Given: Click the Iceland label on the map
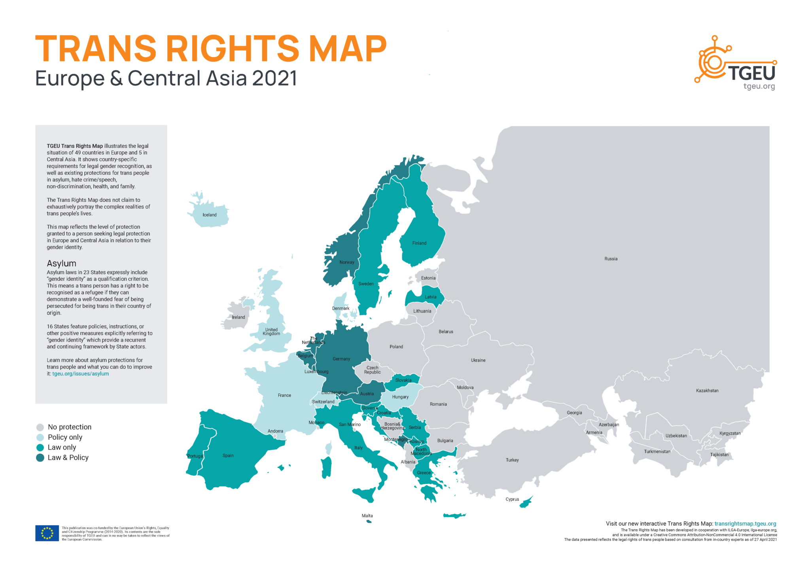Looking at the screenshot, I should point(209,215).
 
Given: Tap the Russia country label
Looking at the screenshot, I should point(610,259).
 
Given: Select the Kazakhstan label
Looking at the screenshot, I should point(707,390).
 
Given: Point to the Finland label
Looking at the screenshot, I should point(419,243).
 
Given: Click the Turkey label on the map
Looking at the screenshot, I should point(512,460).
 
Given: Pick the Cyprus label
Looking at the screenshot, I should point(512,499).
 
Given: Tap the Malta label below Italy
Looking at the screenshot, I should point(367,515).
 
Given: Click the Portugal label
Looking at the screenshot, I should point(195,456).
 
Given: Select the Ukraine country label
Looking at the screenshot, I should point(478,360).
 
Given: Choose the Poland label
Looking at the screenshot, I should point(396,347).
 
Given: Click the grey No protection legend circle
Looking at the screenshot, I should point(40,427).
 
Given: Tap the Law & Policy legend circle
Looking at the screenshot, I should point(40,458).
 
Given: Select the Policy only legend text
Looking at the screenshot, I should point(65,437).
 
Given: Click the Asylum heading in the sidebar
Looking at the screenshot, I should point(61,263).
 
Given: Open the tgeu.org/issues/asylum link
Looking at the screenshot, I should point(80,373).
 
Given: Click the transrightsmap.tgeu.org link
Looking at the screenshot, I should point(745,523).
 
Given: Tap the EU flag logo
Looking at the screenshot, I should point(47,533).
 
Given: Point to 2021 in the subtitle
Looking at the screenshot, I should point(274,78).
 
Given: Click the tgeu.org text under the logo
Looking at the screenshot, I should point(759,86).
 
